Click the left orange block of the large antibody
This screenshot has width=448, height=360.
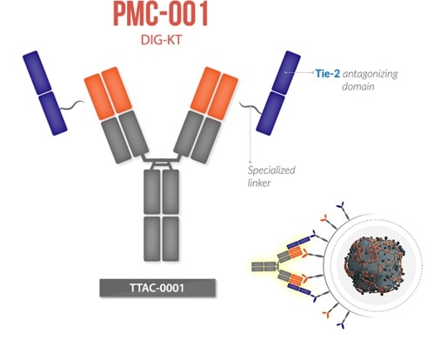click(106, 91)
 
